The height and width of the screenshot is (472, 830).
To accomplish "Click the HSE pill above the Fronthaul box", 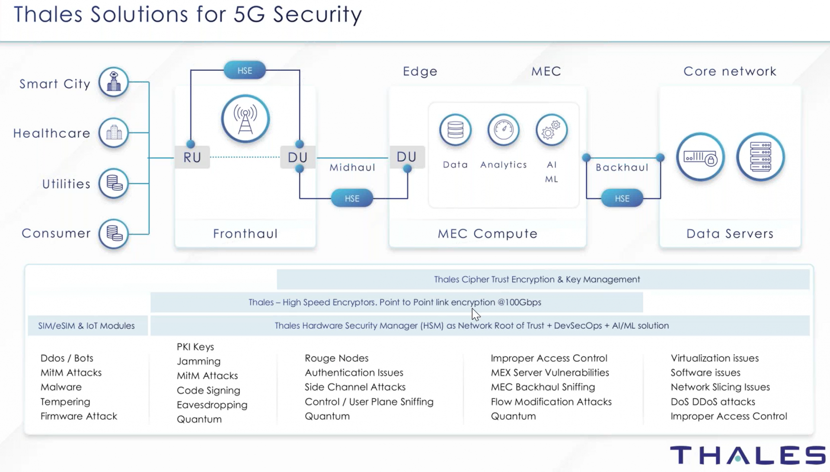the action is [245, 70].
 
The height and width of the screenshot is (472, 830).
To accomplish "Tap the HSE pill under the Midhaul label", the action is [352, 198].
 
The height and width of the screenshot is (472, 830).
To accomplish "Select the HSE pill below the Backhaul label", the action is [622, 198].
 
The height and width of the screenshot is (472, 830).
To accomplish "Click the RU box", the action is [192, 157].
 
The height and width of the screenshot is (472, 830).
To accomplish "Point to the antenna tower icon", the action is [245, 119].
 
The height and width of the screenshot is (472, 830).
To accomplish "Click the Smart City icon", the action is [114, 82].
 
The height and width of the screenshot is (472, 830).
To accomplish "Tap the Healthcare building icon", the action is [114, 133].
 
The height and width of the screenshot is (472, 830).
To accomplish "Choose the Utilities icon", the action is [114, 183].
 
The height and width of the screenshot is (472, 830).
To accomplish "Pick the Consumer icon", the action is [114, 234].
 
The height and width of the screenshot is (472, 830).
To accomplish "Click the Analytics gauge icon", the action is [504, 130].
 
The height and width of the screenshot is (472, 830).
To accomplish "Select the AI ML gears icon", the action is [552, 130].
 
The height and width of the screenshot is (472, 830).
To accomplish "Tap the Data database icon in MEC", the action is [455, 130].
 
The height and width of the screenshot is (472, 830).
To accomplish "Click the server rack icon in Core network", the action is [760, 157].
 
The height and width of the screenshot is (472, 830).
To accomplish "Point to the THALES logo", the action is [748, 455].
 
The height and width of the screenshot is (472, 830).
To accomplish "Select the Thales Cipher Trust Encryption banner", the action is [543, 279].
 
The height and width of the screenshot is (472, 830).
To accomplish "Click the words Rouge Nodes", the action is [337, 358].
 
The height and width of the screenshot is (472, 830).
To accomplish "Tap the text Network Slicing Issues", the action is [720, 387].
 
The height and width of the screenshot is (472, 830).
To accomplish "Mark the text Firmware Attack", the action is [79, 416].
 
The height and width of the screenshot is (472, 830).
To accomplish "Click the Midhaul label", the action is [352, 168].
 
